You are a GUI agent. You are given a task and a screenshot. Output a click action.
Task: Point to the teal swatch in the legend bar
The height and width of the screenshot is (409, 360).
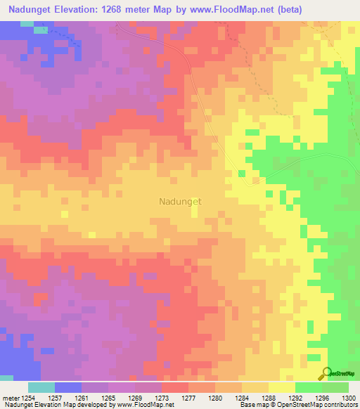(x=41, y=387)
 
